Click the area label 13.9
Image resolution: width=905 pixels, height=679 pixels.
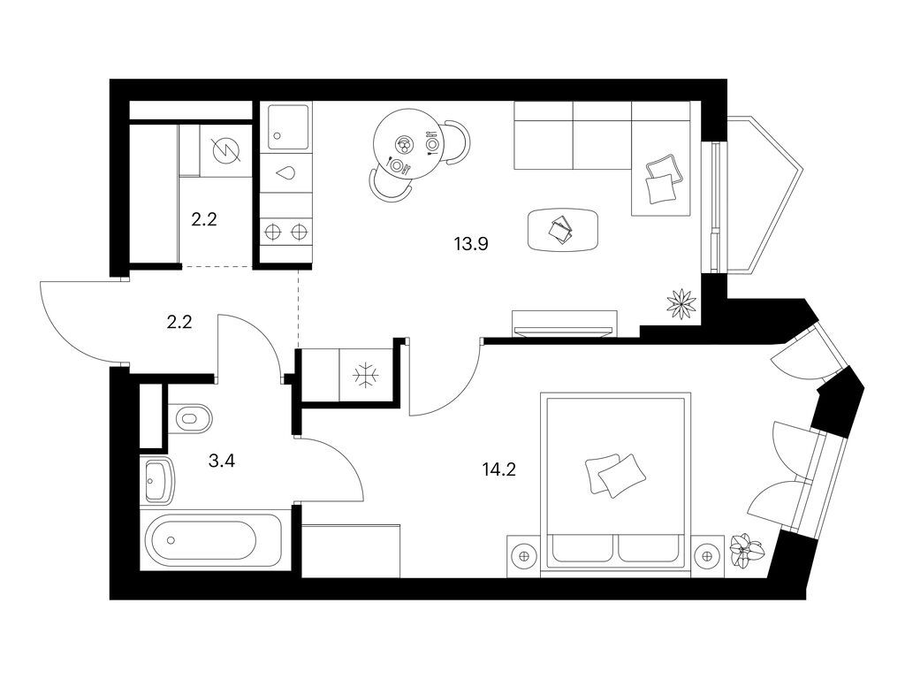[471, 246]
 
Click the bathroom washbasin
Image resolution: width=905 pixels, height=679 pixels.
[159, 481]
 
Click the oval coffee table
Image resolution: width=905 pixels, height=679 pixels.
[562, 230]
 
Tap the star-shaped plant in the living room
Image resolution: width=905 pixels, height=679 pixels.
[681, 303]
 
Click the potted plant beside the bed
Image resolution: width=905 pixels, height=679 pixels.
[745, 553]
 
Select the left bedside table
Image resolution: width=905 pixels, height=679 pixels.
[525, 555]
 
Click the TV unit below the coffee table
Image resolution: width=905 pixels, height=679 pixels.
[564, 324]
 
